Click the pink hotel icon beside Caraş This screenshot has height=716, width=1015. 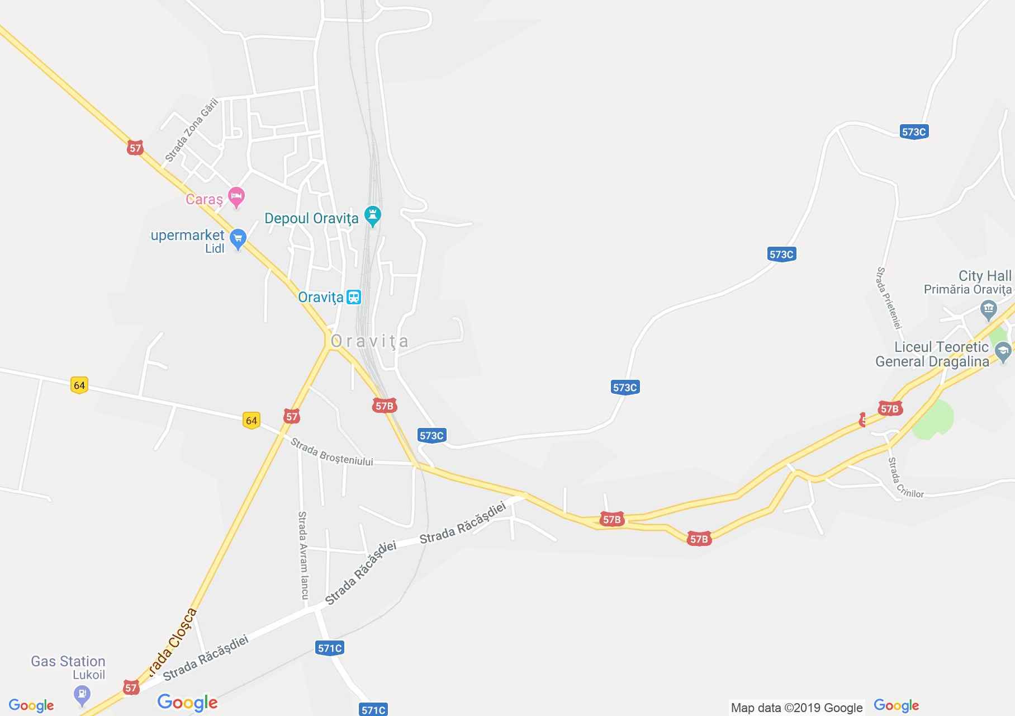(x=237, y=196)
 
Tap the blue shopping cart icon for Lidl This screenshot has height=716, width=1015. (x=238, y=239)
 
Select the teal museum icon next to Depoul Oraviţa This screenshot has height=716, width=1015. (x=372, y=215)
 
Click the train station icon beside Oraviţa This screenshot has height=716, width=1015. (x=353, y=297)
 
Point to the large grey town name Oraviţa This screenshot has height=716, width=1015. (x=369, y=341)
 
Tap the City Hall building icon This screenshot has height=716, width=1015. (x=989, y=308)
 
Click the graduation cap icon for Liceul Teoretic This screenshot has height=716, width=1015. (x=1003, y=352)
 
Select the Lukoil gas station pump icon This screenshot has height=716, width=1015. (x=82, y=695)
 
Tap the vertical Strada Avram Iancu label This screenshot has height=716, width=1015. (x=303, y=555)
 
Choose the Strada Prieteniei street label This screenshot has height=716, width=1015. (x=889, y=298)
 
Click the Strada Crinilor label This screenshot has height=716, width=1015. (x=904, y=479)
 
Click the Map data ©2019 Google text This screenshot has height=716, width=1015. (x=796, y=708)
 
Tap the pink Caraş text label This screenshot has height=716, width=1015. (x=204, y=199)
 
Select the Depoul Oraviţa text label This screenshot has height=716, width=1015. (x=311, y=218)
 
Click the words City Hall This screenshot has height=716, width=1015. (x=984, y=276)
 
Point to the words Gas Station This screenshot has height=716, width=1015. (x=68, y=661)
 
